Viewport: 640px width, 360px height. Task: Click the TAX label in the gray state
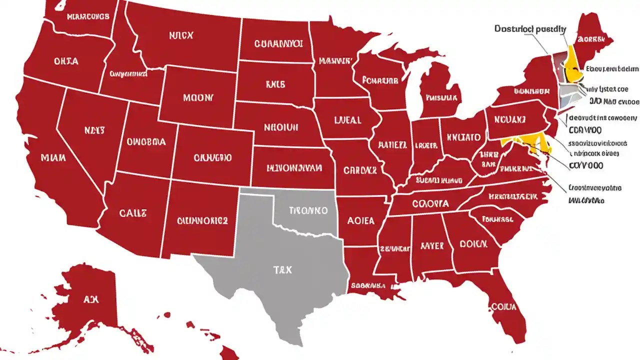tap(282, 270)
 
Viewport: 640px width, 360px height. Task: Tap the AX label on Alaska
tap(91, 299)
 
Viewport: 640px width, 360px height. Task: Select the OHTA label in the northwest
tap(66, 61)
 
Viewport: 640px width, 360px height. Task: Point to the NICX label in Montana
tap(181, 35)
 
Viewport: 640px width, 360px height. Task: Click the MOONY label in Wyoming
tap(198, 97)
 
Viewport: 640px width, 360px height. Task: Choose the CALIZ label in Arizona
tap(133, 213)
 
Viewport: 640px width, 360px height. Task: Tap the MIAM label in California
tap(53, 158)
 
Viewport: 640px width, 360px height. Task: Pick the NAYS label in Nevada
tap(94, 130)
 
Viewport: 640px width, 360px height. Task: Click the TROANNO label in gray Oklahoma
tap(308, 210)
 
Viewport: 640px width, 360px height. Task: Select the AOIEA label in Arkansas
tap(360, 220)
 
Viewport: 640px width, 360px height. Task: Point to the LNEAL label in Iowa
tap(347, 120)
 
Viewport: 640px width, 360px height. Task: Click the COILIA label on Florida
tap(503, 306)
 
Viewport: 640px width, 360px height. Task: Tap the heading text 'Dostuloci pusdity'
tap(530, 29)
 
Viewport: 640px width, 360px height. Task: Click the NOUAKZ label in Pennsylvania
tap(510, 120)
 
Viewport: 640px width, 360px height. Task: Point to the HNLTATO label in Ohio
tap(463, 137)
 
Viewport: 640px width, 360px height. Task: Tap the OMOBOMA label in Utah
tap(146, 141)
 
